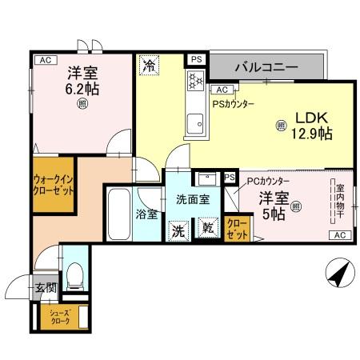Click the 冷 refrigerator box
tap(149, 66)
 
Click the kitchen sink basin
tap(194, 122)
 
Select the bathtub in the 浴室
tap(120, 215)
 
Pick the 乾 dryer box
tap(207, 227)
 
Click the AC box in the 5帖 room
tap(339, 234)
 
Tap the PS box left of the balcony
tap(195, 59)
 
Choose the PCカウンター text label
tap(268, 182)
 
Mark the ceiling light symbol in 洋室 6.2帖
tap(82, 103)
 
